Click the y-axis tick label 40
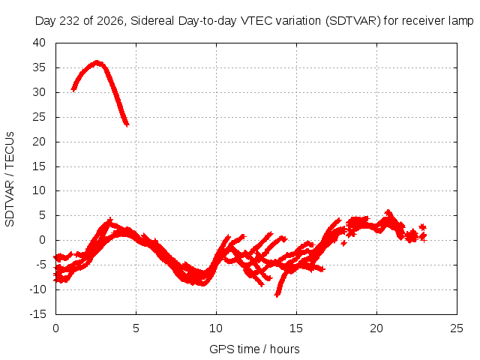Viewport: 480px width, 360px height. point(39,43)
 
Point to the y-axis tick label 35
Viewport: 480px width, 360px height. point(39,67)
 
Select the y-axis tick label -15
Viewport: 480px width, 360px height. point(38,314)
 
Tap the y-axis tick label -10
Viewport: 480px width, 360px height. point(38,289)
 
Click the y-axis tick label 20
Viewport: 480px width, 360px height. point(39,142)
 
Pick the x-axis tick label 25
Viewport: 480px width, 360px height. point(457,328)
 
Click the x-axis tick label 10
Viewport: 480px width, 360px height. point(216,328)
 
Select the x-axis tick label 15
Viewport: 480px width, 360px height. point(296,328)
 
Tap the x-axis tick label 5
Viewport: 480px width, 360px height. point(136,328)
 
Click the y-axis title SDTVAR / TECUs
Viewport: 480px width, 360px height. point(10,179)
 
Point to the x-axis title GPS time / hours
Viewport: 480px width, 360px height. point(254,349)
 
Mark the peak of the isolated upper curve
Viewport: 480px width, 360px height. point(97,63)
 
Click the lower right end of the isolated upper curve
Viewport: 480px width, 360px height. point(127,124)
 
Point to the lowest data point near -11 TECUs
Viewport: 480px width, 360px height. point(277,295)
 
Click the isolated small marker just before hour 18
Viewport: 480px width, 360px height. point(344,243)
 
